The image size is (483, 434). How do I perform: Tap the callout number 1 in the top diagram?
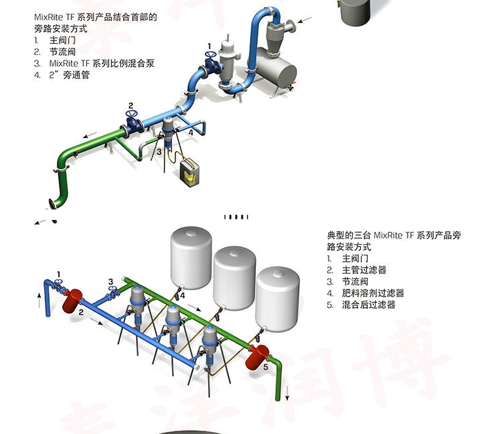(209, 46)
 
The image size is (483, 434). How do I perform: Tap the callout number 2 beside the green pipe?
(131, 105)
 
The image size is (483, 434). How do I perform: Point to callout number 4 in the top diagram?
(190, 132)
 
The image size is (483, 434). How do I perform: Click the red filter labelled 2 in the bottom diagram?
(71, 299)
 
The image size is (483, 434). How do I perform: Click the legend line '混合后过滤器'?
(368, 305)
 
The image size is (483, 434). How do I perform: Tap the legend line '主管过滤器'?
(364, 270)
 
